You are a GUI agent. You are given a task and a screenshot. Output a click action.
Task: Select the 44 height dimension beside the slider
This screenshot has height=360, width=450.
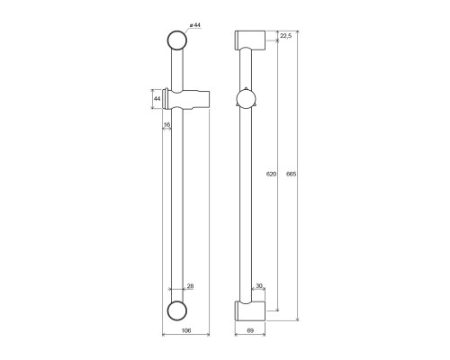157,97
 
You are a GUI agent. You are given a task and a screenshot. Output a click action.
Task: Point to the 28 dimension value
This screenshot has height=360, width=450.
189,286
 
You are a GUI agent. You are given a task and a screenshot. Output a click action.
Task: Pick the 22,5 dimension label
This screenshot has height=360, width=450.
285,36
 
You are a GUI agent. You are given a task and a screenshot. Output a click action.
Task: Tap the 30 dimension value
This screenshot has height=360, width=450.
260,286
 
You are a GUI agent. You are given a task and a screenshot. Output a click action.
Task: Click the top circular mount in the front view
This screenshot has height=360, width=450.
177,41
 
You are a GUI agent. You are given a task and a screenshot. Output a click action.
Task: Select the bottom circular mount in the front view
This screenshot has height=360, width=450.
177,311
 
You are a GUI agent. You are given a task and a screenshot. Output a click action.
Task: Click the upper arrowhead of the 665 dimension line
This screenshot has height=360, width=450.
299,33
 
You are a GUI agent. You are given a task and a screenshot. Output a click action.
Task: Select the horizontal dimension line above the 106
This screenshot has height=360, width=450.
184,336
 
